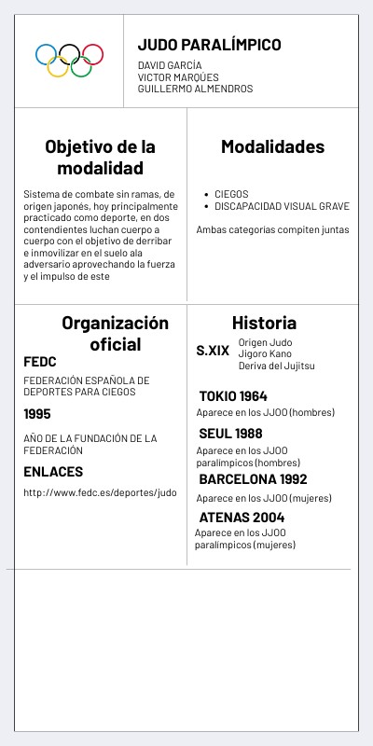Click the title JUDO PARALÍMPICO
coord(209,45)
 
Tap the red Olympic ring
coord(92,54)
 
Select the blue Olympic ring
coord(47,54)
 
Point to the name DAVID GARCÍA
coord(169,65)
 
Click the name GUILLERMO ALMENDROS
coord(195,89)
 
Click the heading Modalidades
coord(272,146)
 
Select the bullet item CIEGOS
coord(231,194)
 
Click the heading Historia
coord(264,323)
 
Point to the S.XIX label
coord(213,351)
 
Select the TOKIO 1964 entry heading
coord(233,395)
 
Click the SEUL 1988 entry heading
coord(230,434)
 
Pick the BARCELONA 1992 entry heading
coord(253,479)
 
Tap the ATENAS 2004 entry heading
coord(242,518)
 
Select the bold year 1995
coord(37,414)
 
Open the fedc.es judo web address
coord(100,492)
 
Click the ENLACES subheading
coord(53,472)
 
